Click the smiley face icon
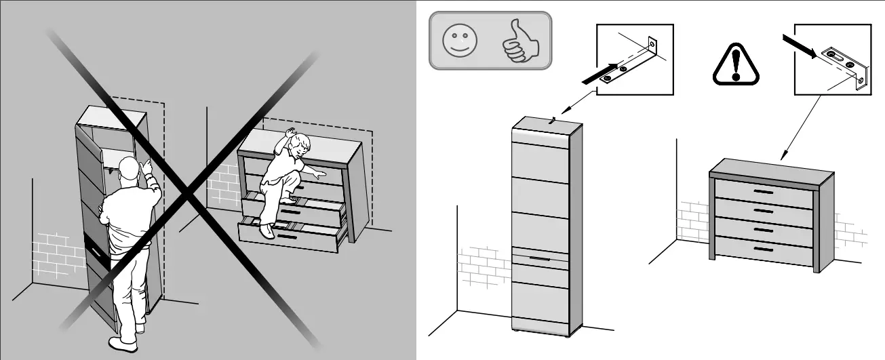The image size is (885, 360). [x=460, y=40]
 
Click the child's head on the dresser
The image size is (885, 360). [x=298, y=144]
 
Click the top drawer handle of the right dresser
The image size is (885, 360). [x=763, y=193]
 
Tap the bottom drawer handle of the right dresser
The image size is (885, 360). [x=764, y=249]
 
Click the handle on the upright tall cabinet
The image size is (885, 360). [x=540, y=258]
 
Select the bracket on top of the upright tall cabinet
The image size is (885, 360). [x=554, y=121]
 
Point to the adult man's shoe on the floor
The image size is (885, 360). [x=123, y=344]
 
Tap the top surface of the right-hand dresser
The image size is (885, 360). [x=772, y=167]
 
